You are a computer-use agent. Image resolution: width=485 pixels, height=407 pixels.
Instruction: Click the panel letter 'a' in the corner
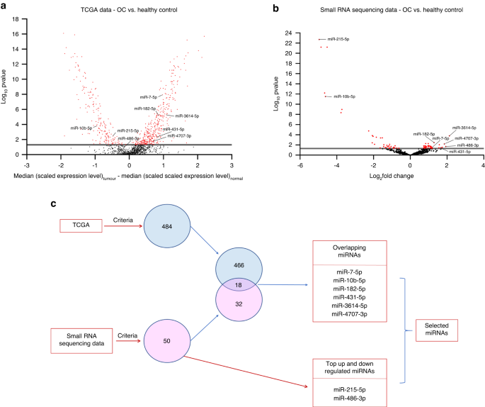pyautogui.click(x=6, y=6)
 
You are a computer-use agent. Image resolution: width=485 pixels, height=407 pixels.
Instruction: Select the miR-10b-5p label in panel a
pyautogui.click(x=81, y=128)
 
